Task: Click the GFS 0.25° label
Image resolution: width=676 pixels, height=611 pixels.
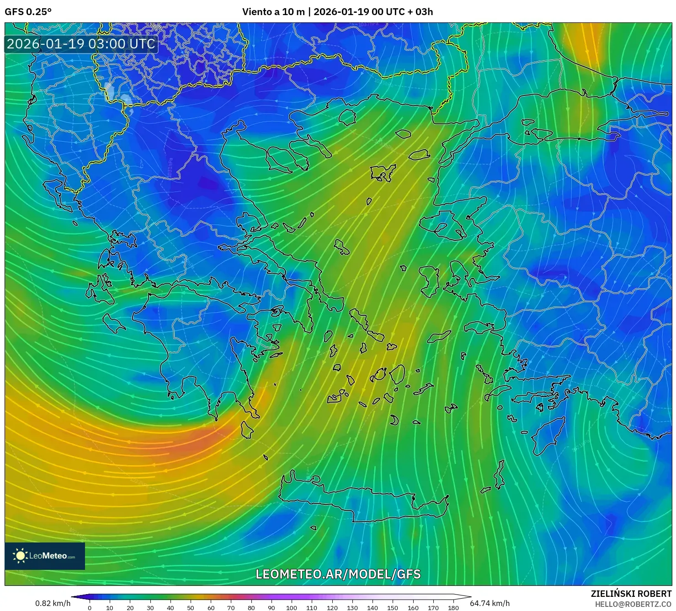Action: tap(28, 12)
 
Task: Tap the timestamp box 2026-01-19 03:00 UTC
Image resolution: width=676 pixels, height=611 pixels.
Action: tap(81, 44)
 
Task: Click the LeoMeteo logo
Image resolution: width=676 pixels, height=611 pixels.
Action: tap(45, 556)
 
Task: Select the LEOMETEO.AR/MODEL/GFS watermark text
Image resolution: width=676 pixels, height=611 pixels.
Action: tap(338, 574)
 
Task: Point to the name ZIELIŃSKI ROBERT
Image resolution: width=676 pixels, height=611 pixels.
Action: tap(631, 594)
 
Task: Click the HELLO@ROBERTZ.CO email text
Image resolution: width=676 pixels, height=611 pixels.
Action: tap(633, 604)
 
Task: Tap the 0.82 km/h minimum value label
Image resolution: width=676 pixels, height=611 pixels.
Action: tap(53, 603)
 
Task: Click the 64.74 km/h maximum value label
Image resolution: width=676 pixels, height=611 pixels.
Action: tap(490, 603)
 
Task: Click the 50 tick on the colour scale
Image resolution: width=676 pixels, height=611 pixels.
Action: tap(191, 608)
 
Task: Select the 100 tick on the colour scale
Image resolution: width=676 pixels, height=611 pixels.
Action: tap(292, 608)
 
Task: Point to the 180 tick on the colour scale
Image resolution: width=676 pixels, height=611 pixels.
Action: tap(453, 608)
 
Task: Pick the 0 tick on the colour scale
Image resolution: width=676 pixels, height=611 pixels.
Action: tap(90, 608)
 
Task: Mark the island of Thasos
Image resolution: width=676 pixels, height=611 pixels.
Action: tap(347, 117)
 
